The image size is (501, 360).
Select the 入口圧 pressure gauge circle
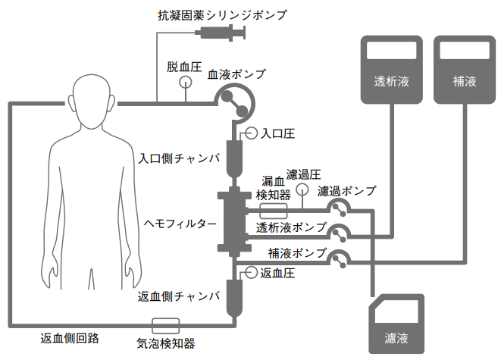coord(252,133)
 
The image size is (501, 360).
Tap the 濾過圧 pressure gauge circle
coord(302,189)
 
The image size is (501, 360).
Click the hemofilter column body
coord(234,224)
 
